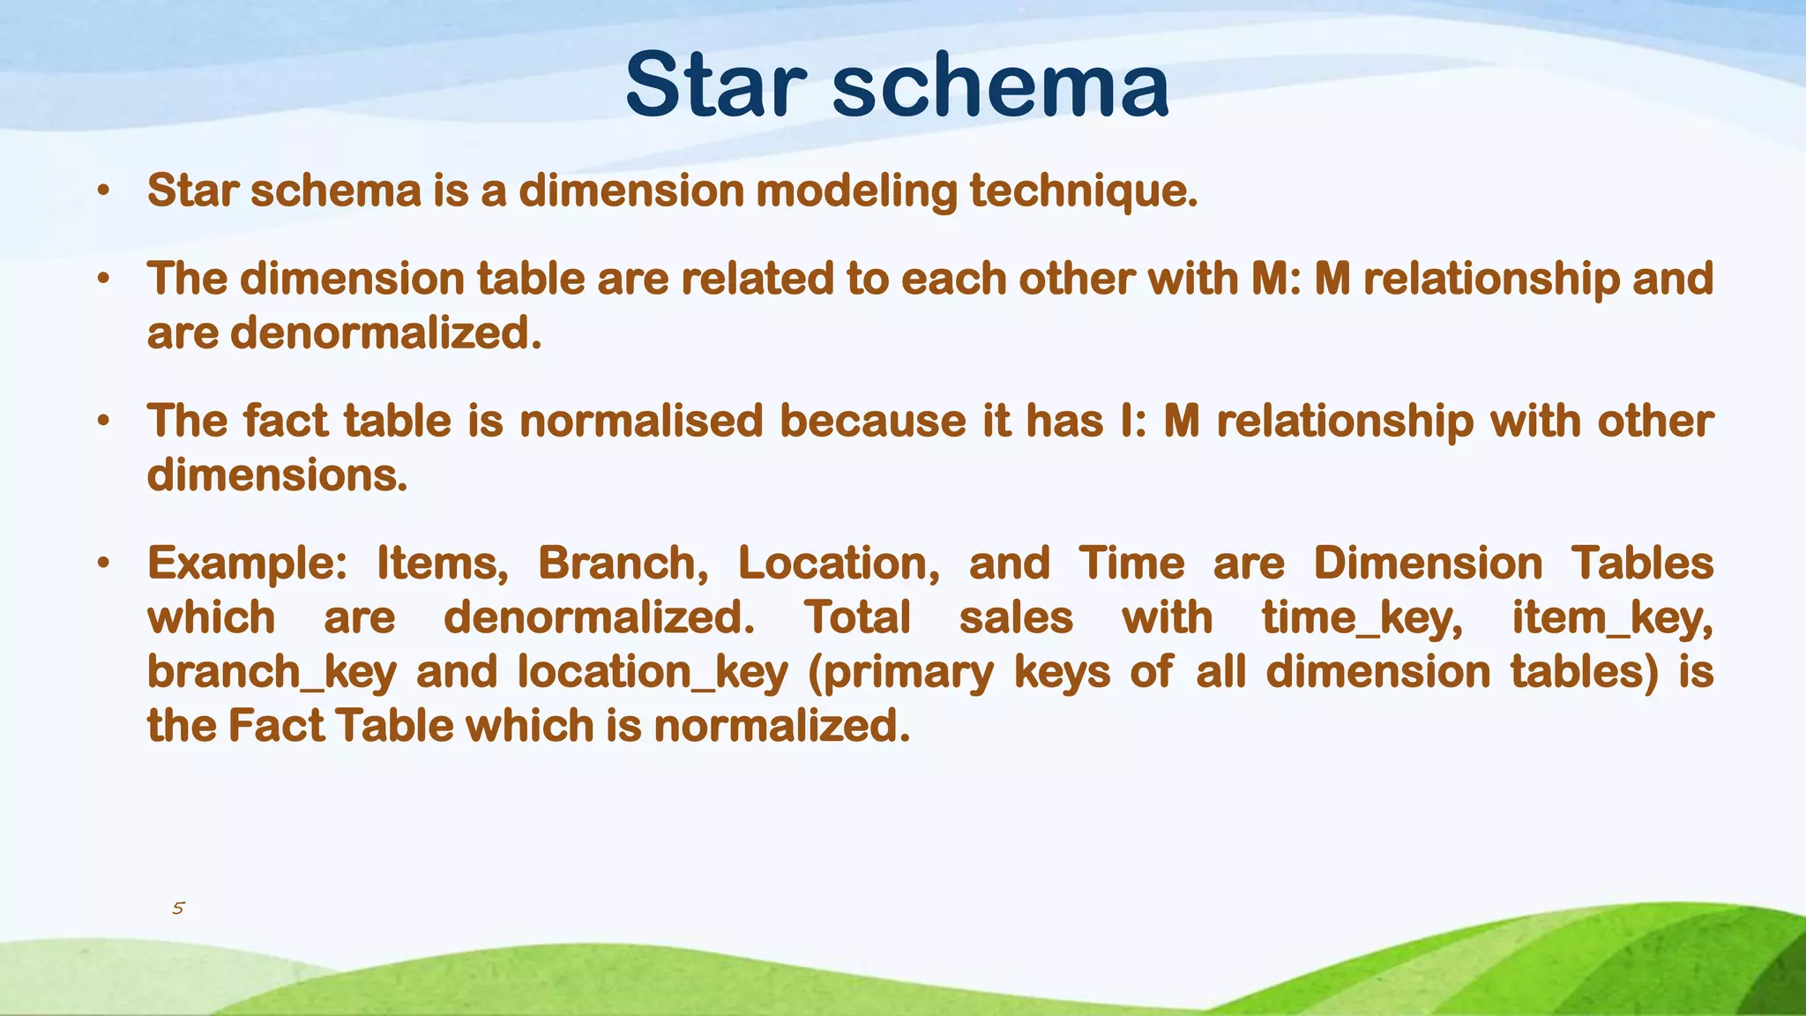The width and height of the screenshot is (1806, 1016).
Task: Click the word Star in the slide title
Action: click(x=715, y=86)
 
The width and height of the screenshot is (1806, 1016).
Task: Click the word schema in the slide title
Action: click(x=1001, y=86)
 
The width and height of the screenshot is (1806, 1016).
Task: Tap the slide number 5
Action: click(x=178, y=908)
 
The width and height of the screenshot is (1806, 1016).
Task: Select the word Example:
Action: click(x=248, y=564)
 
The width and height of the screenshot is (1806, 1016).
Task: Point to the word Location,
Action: click(x=839, y=564)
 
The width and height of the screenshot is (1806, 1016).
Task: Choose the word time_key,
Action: click(x=1362, y=618)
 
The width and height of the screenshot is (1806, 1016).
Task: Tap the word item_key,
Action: click(x=1613, y=618)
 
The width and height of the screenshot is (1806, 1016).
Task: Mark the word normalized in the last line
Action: click(x=780, y=727)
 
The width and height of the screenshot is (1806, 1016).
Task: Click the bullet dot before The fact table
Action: click(x=104, y=421)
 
